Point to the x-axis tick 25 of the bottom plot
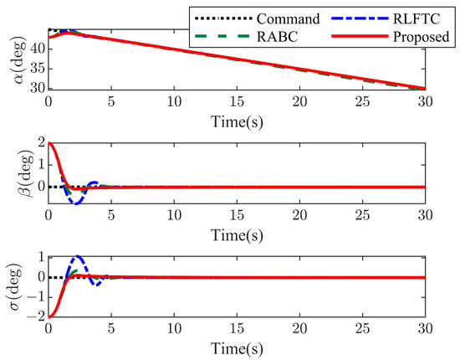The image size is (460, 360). (x=362, y=329)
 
